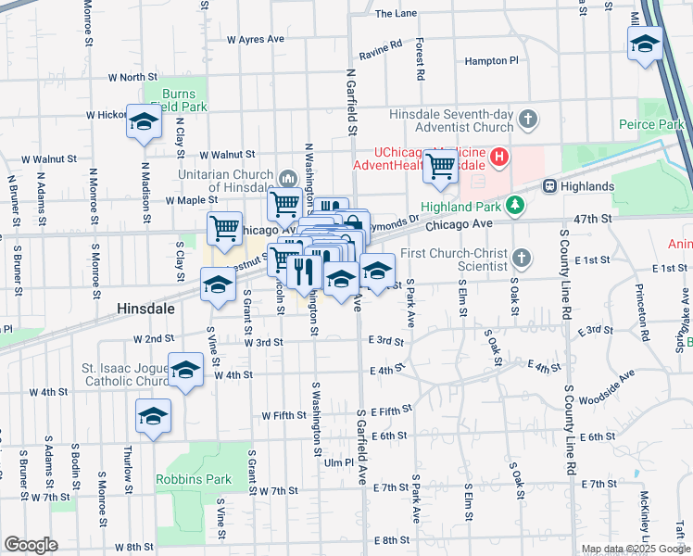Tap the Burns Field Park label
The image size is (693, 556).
tap(178, 100)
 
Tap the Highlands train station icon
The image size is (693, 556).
tap(549, 186)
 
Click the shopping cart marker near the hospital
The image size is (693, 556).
tap(441, 167)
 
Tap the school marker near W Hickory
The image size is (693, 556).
tap(144, 122)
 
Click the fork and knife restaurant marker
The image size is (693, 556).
tap(304, 271)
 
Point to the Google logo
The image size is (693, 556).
tap(31, 544)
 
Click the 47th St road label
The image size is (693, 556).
tap(594, 219)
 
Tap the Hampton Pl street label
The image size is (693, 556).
tap(491, 61)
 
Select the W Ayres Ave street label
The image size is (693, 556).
tap(256, 40)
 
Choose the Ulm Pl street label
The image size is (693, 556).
tap(338, 462)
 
